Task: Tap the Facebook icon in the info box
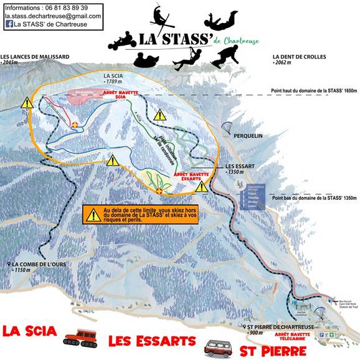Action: coord(9,24)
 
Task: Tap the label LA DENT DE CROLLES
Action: coord(299,57)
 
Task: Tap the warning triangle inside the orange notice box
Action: coord(93,216)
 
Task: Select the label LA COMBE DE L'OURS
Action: coord(38,263)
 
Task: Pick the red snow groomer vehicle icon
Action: coord(80,338)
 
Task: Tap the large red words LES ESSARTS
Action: coord(152,341)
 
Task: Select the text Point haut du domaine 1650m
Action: coord(314,91)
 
